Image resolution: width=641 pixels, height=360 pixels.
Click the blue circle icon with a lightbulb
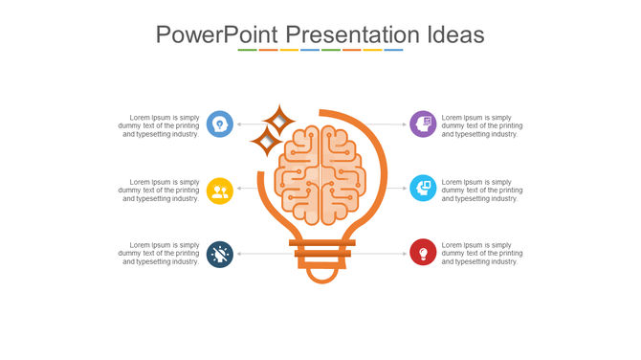click(x=220, y=124)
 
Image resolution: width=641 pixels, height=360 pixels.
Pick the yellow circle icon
click(x=220, y=191)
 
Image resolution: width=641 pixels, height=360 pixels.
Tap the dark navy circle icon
click(x=220, y=254)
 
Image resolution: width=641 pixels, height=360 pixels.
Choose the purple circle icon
click(x=423, y=124)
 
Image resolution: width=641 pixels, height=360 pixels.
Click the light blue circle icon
click(x=423, y=189)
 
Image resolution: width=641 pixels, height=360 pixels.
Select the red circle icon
click(x=423, y=253)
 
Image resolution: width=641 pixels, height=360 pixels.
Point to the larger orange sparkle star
click(x=279, y=122)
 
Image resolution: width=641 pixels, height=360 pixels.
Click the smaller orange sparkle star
click(x=264, y=143)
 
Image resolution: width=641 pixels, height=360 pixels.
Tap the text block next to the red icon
click(x=482, y=254)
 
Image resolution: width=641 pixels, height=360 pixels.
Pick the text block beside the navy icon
click(x=159, y=254)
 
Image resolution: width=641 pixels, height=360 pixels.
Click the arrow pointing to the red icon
click(x=378, y=254)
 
